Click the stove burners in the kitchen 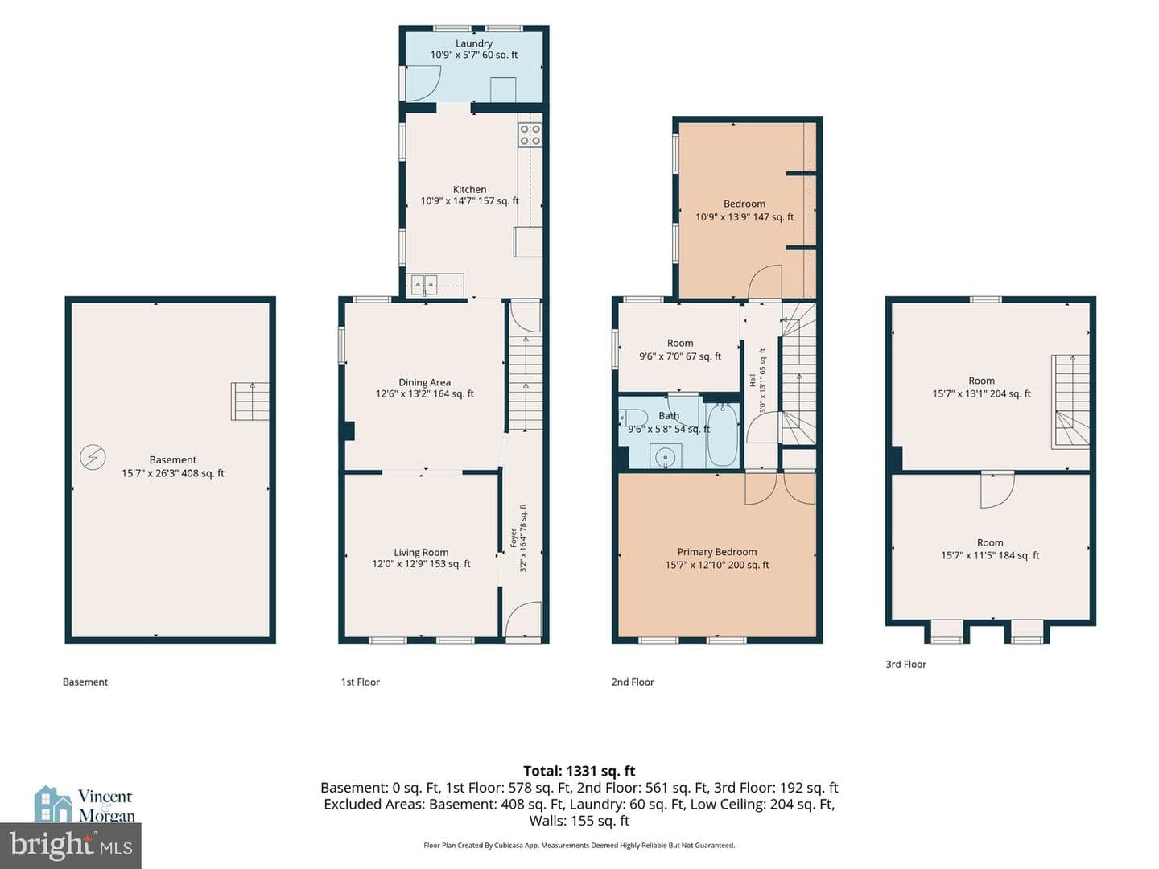530,134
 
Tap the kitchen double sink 424,286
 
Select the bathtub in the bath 722,435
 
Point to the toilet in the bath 633,417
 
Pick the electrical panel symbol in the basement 93,456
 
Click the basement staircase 250,401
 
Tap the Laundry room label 473,49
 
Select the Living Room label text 421,558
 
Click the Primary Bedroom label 716,558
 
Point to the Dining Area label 424,388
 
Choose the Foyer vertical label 518,537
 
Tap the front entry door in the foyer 522,620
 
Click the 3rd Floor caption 905,665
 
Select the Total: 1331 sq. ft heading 579,771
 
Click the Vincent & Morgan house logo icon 53,804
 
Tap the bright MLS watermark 70,846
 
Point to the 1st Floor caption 360,682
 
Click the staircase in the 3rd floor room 1070,402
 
